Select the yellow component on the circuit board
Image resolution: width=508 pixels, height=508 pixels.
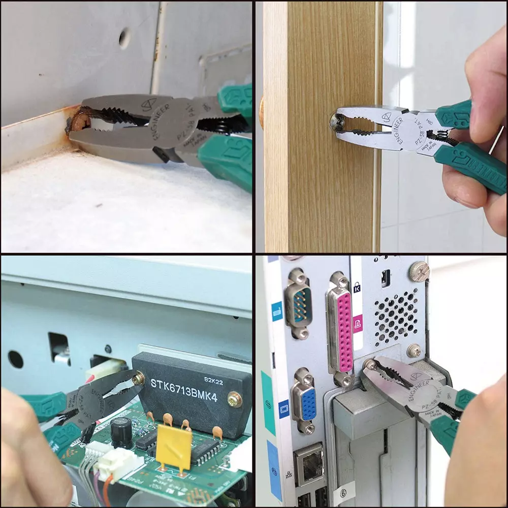[x=174, y=446]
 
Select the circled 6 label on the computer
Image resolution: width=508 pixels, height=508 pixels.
[x=343, y=492]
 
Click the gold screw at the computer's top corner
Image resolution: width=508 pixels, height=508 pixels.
[x=420, y=272]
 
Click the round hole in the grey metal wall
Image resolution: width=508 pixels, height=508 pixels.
[x=124, y=37]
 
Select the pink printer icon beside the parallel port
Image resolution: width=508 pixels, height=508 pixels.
[x=358, y=322]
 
